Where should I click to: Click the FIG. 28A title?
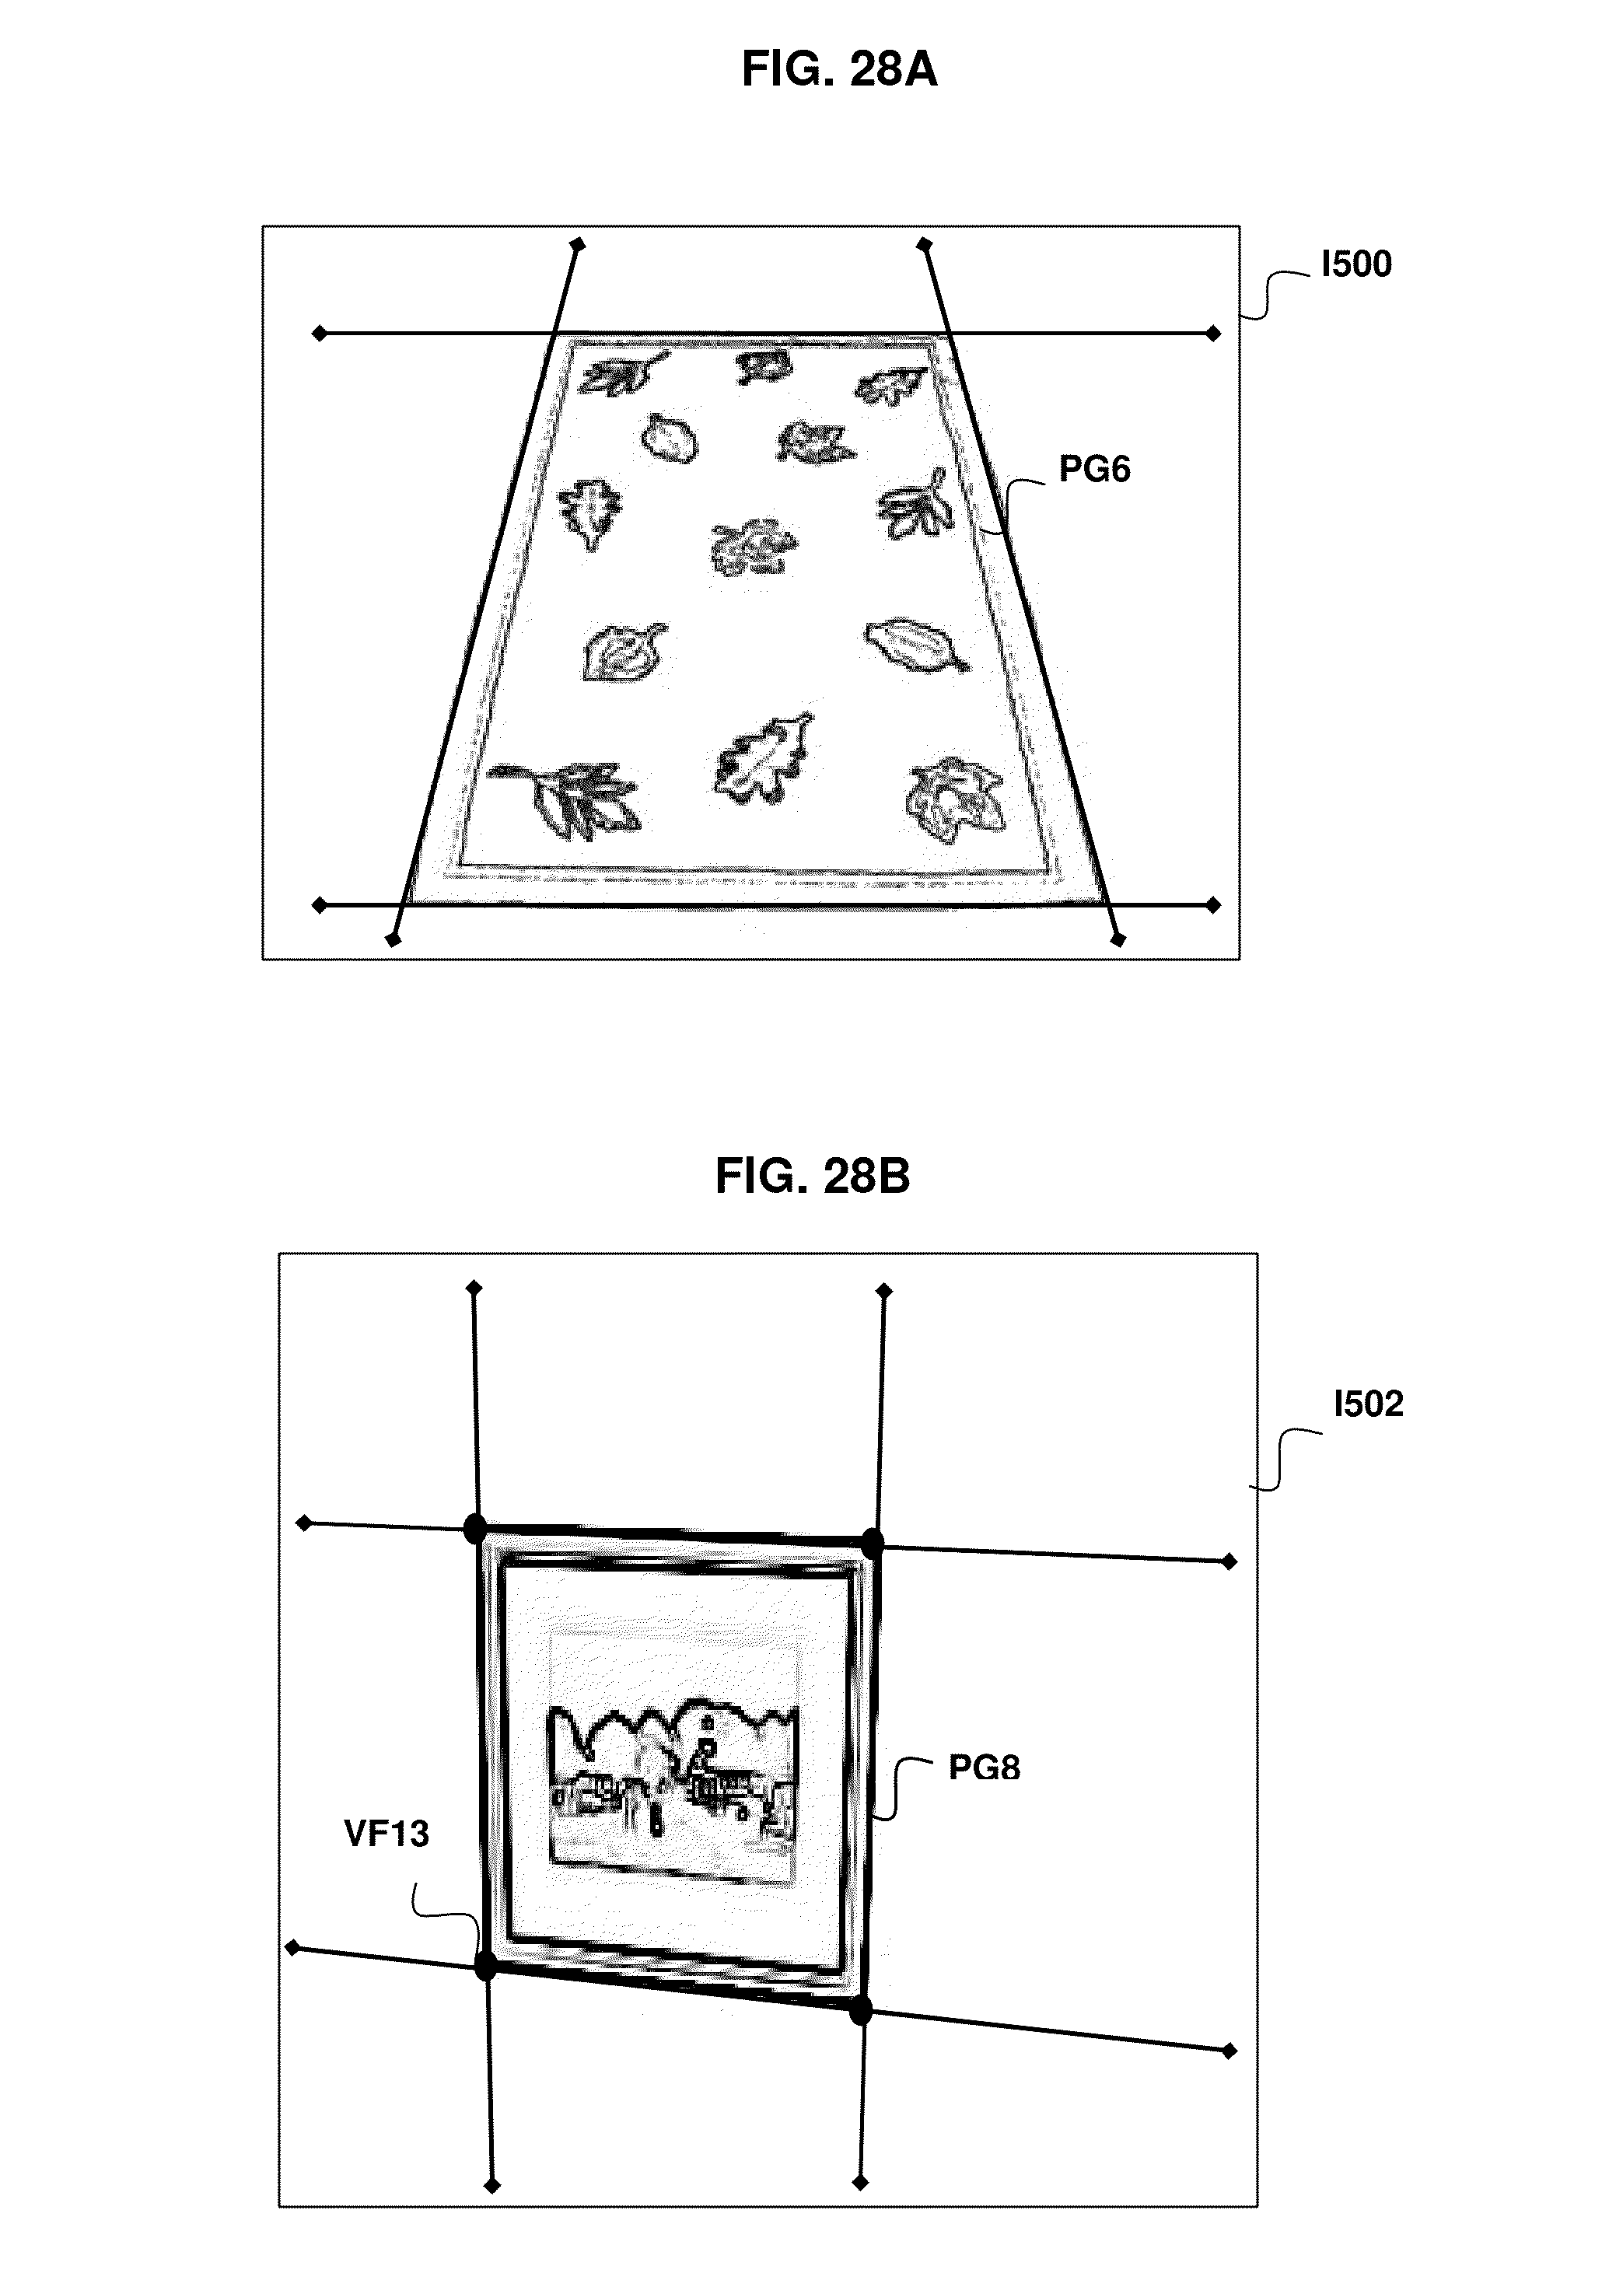point(838,70)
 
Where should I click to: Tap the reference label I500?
point(1355,264)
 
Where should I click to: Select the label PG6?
point(1093,470)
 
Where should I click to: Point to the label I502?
point(1367,1404)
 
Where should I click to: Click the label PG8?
point(984,1768)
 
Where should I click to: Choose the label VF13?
point(386,1834)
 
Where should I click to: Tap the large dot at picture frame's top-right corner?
point(873,1542)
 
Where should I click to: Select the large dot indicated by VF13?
point(486,1967)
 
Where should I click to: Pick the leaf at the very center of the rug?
point(753,547)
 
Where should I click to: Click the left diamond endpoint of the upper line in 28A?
point(320,334)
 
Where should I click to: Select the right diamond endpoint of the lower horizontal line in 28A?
point(1213,905)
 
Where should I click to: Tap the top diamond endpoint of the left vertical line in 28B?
point(474,1289)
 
